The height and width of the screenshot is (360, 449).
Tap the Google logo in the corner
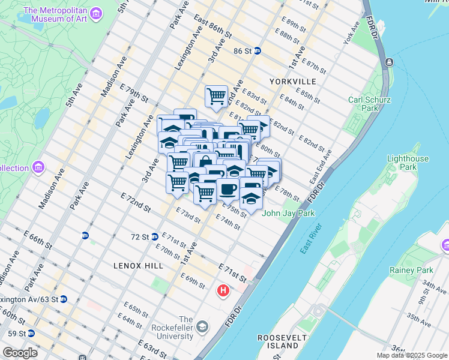click(x=20, y=353)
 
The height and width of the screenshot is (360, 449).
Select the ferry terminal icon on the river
click(x=389, y=62)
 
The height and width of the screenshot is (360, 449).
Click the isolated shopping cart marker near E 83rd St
click(x=216, y=95)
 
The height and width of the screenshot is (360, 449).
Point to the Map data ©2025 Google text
click(x=412, y=355)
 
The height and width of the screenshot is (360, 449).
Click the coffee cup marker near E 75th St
click(x=228, y=189)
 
